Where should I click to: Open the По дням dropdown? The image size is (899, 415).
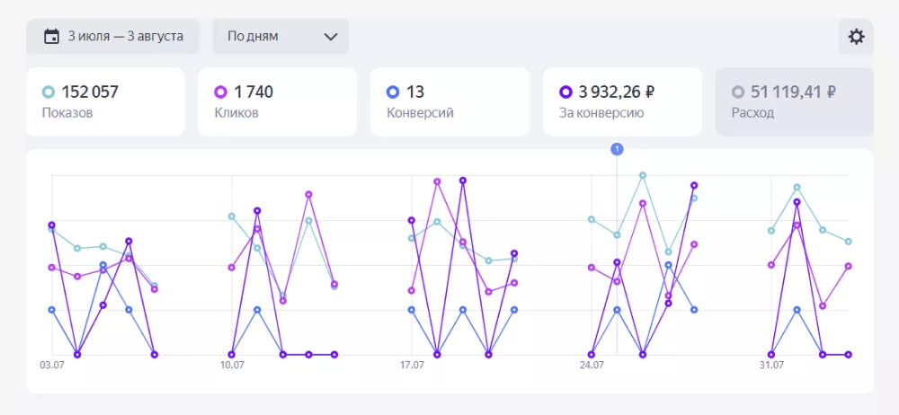point(280,37)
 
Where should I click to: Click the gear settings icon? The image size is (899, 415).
point(856,37)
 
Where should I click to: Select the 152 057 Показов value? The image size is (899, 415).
point(90,92)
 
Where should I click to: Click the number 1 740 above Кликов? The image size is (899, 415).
point(254,92)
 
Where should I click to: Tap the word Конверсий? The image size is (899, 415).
point(420,113)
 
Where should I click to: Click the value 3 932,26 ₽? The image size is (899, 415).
point(617,92)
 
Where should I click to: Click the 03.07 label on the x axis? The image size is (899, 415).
point(51,366)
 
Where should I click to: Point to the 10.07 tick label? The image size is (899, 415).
point(232,366)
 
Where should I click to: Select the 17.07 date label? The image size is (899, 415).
point(412,366)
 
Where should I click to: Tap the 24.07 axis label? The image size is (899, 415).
point(592,366)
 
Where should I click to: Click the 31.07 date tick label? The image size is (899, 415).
point(771,366)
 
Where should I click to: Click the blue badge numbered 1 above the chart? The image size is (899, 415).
point(617,149)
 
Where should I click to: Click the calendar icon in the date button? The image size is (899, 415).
point(51,37)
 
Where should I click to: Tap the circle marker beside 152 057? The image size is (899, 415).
point(49,92)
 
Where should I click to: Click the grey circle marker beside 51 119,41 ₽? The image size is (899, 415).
point(738,92)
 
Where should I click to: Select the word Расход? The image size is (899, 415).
point(752,113)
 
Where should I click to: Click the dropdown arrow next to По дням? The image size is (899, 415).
point(330,37)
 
